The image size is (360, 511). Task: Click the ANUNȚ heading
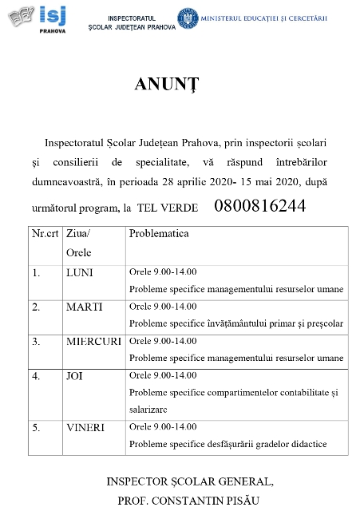point(166,84)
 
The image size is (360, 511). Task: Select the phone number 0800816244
point(259,205)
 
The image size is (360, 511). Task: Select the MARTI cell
point(81,307)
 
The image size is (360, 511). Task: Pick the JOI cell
point(74,374)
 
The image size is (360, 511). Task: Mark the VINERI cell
point(85,427)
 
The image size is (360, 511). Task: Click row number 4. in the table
point(36,374)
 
